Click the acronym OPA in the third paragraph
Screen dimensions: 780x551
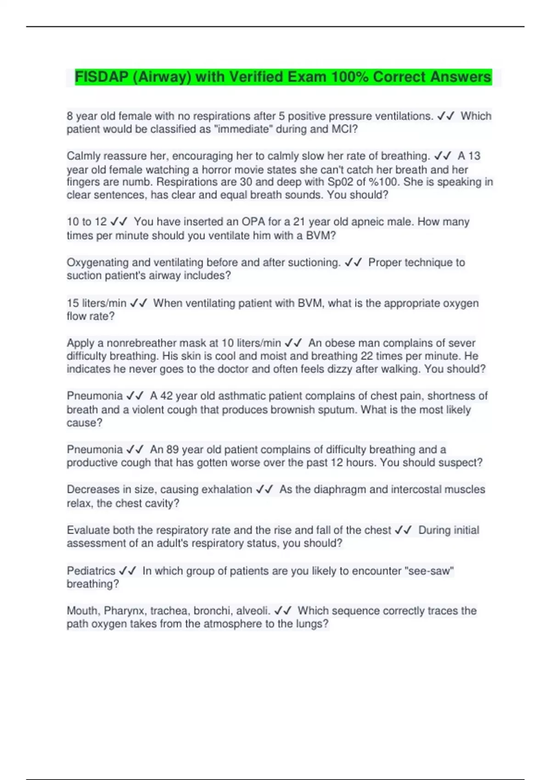pyautogui.click(x=253, y=222)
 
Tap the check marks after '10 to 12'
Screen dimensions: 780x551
pyautogui.click(x=119, y=222)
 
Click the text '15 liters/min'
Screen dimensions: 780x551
pyautogui.click(x=96, y=303)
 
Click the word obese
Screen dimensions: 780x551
pyautogui.click(x=339, y=343)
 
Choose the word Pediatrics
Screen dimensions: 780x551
pyautogui.click(x=91, y=571)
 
